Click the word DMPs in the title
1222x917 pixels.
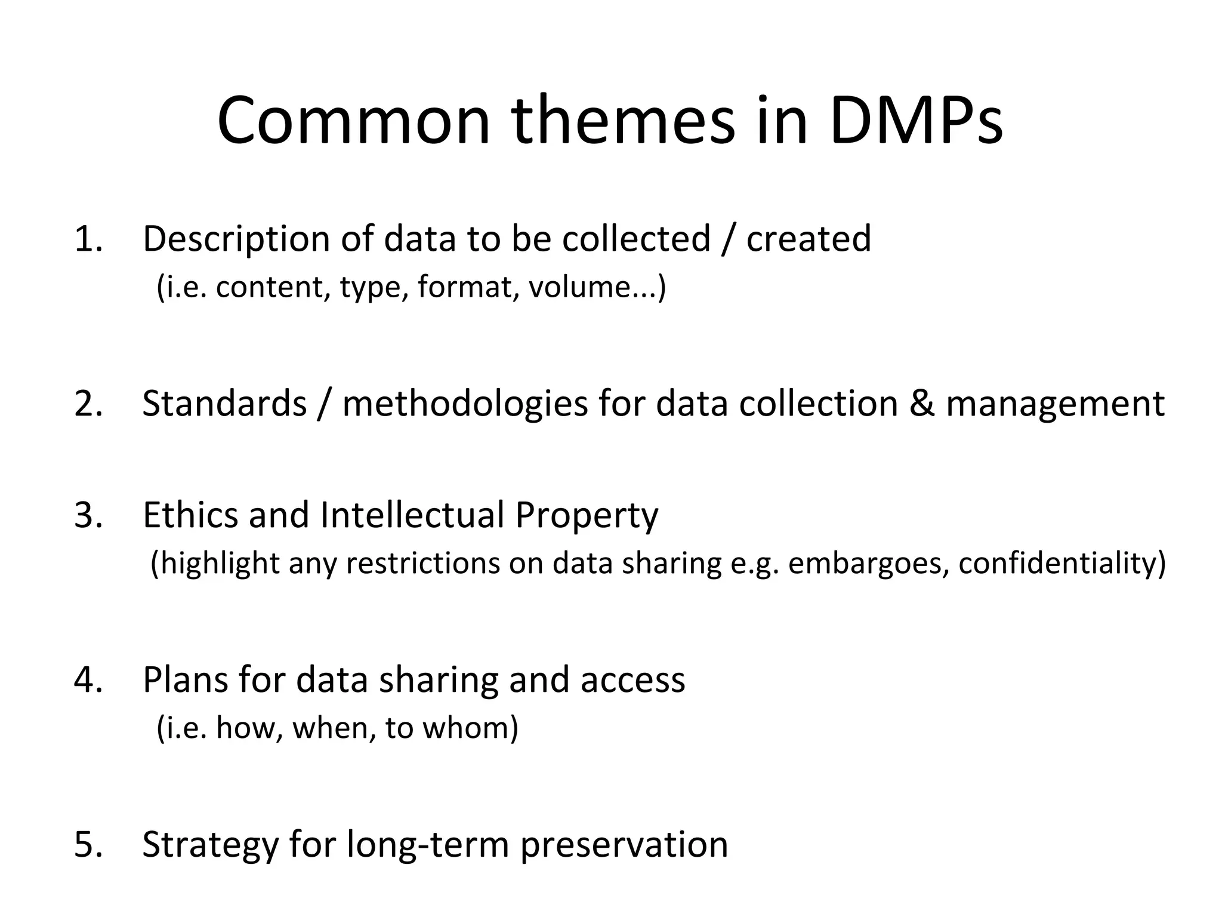(x=916, y=122)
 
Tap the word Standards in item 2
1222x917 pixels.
(x=224, y=404)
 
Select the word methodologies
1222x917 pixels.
(x=465, y=404)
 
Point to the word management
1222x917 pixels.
(x=1056, y=404)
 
